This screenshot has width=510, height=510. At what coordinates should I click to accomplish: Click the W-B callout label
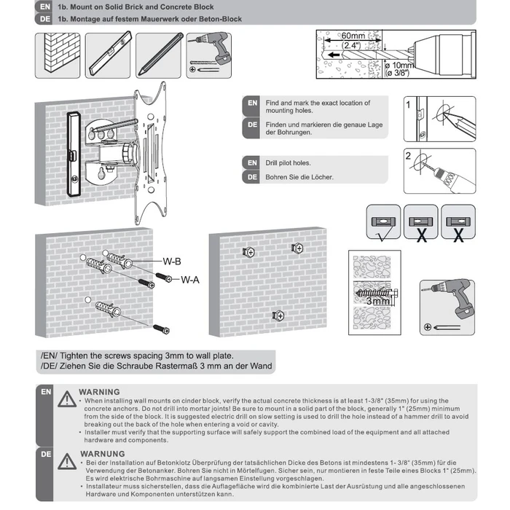coord(172,260)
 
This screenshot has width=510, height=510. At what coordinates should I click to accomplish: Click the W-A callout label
coord(190,278)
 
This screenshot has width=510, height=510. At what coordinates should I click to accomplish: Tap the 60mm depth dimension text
coord(353,36)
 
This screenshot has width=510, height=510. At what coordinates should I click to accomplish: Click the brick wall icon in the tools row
coord(57,55)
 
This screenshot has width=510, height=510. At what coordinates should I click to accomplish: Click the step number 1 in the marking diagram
coord(409,104)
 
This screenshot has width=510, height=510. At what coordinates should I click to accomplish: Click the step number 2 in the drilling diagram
coord(409,155)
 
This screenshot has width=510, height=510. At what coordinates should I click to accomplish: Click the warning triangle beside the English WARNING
coord(66,398)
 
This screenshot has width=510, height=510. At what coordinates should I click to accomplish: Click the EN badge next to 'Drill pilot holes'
coord(251,162)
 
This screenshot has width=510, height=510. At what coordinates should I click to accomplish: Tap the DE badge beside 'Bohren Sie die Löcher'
coord(251,176)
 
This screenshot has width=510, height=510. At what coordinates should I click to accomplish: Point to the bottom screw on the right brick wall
coord(278,315)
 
